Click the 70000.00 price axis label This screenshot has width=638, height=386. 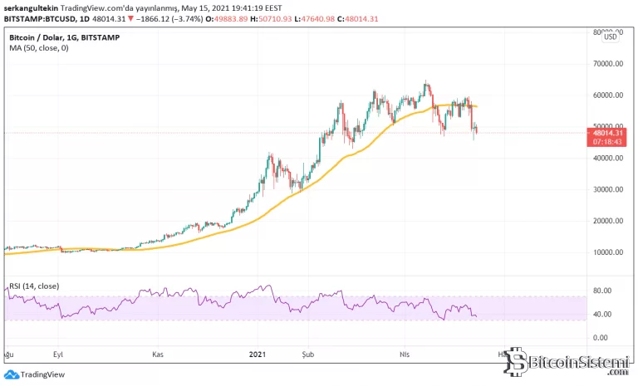606,63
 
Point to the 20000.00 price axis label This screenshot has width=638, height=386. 606,221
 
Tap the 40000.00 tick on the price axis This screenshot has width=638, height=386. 606,158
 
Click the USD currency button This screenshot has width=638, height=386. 610,37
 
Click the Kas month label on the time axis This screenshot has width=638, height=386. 158,354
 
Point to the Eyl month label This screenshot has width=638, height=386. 58,354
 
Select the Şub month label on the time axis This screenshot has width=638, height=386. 308,354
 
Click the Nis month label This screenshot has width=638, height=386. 406,354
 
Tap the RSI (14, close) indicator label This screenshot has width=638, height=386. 34,286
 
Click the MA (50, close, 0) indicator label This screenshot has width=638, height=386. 39,48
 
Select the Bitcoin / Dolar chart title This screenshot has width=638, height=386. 63,38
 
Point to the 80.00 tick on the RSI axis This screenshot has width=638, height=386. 602,291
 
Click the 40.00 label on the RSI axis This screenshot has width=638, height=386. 602,314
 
